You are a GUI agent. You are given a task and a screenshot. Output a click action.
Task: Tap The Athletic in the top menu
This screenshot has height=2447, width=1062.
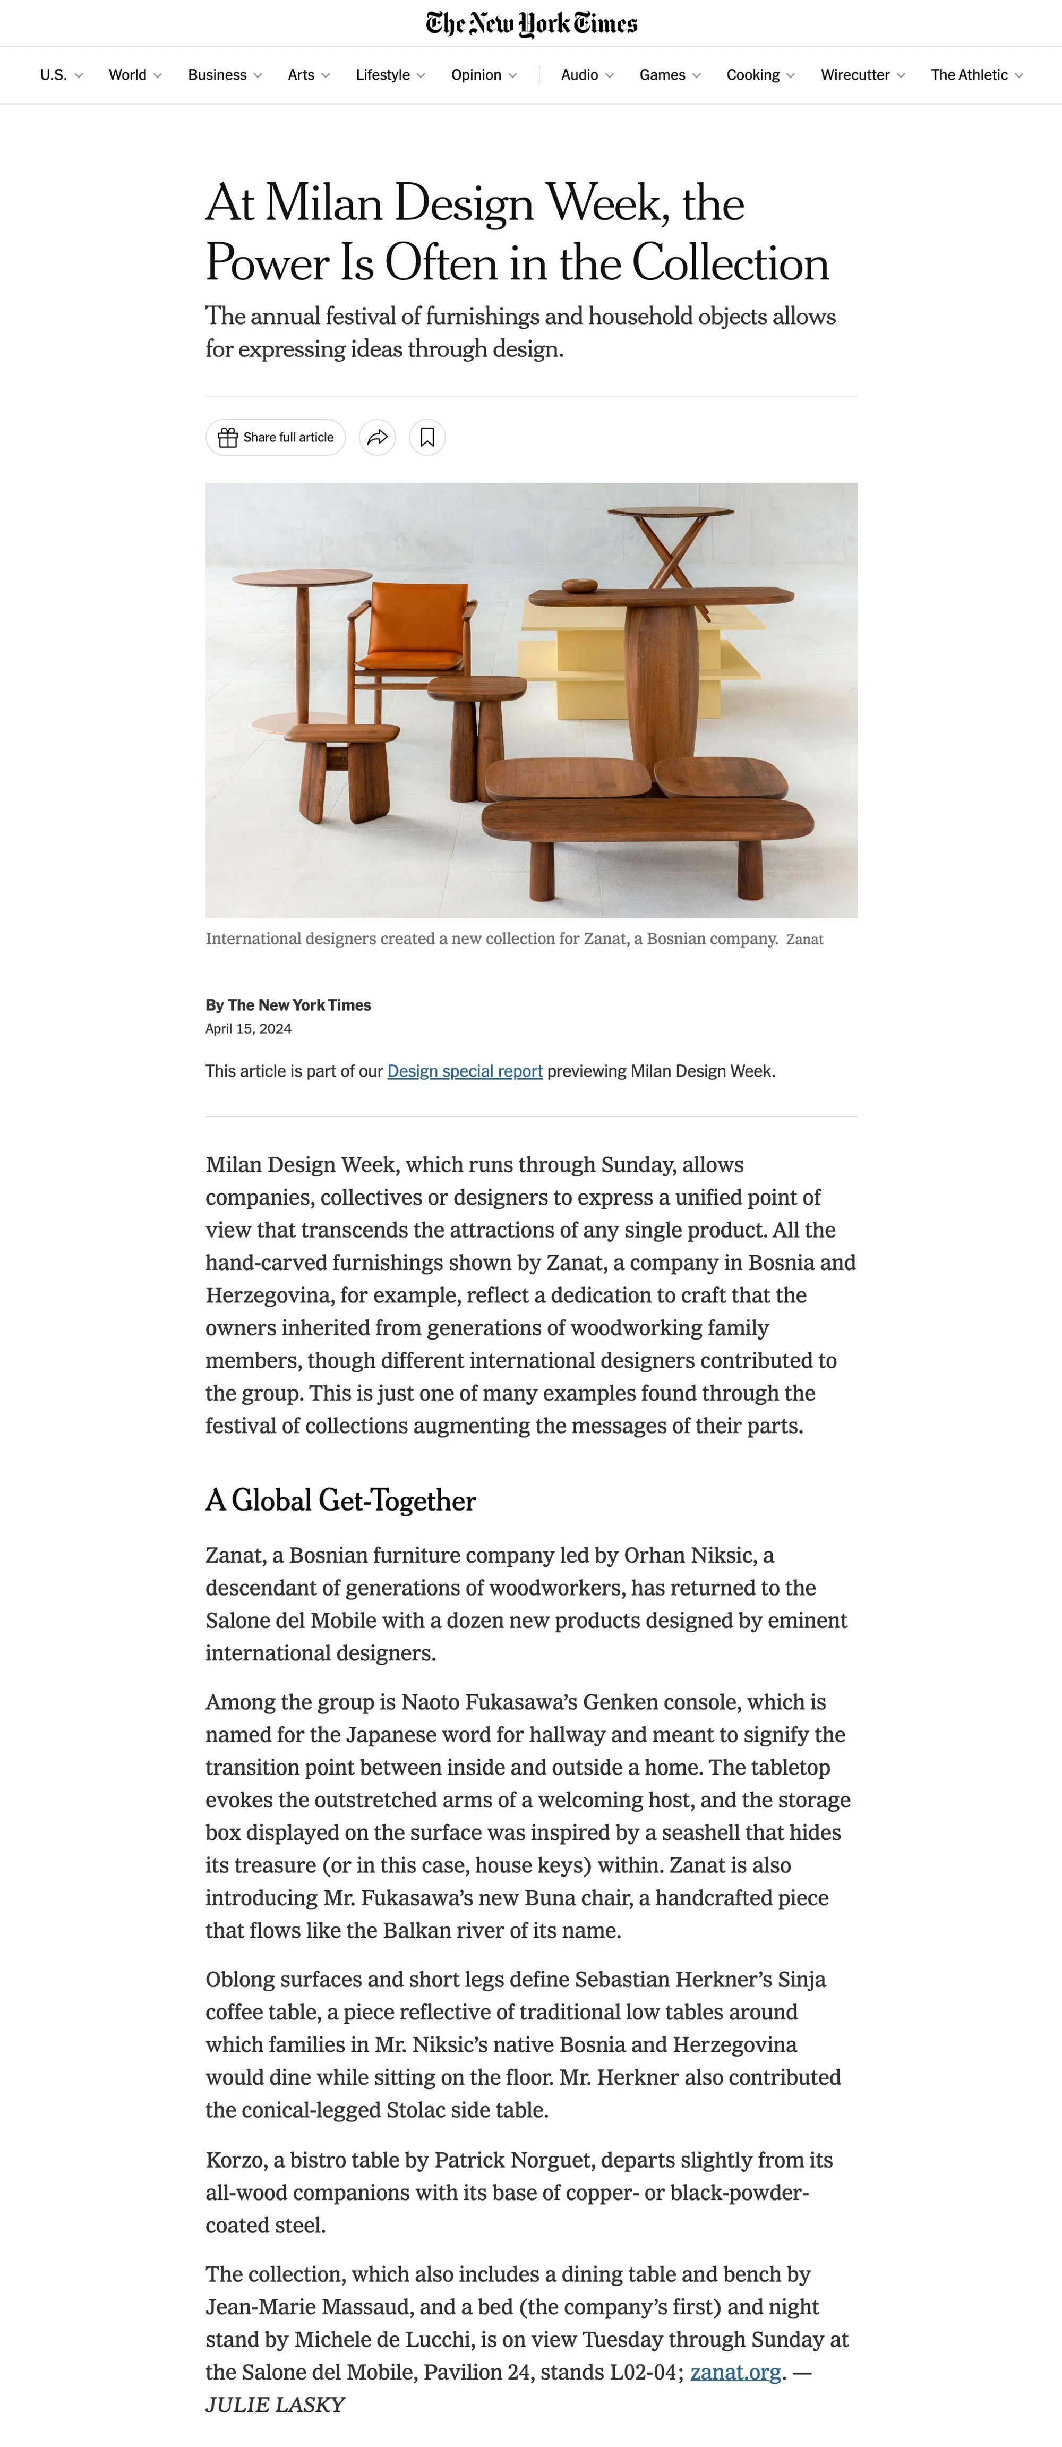coord(975,75)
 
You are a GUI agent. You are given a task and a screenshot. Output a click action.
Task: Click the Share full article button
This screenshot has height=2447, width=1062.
coord(276,437)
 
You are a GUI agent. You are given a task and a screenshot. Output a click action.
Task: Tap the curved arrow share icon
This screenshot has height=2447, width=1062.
coord(377,437)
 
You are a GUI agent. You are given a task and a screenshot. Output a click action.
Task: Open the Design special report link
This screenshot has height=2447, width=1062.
coord(465,1071)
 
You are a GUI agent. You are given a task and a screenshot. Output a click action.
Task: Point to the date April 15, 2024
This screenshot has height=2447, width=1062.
coord(248,1029)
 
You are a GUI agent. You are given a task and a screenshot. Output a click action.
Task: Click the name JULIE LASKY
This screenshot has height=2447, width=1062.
coord(275,2405)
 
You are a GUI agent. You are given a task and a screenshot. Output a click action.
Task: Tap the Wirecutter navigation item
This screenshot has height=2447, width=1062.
coord(862,75)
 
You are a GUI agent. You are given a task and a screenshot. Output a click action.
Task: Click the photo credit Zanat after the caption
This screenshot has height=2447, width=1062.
coord(804,940)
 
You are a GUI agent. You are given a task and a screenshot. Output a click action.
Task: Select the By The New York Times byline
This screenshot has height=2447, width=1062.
coord(288,1005)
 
